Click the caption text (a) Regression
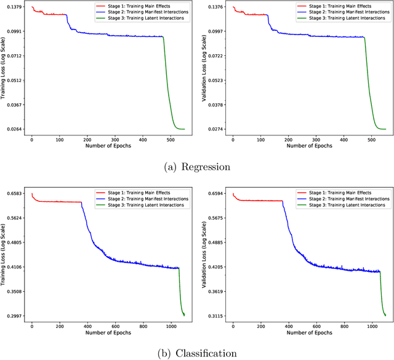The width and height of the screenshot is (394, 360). point(196,166)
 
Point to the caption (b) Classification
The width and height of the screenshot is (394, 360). point(196,353)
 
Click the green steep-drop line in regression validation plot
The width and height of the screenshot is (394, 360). point(369,92)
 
